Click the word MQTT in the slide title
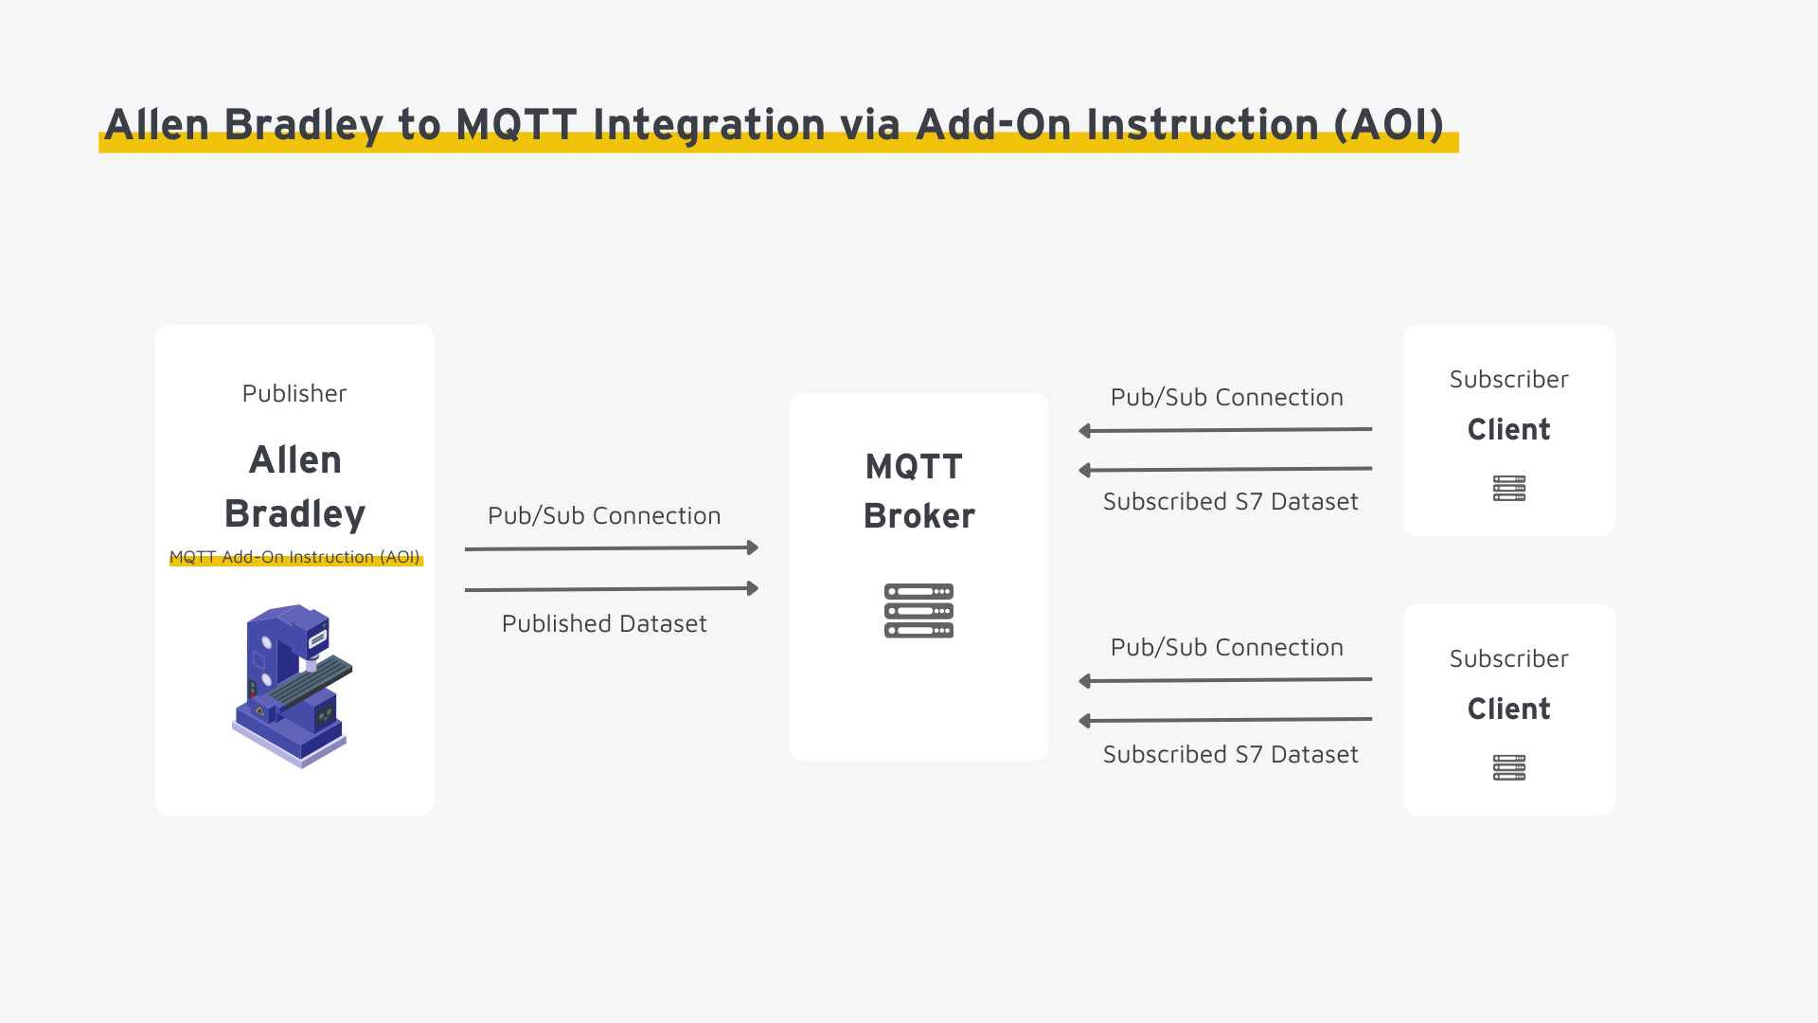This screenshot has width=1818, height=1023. click(x=516, y=125)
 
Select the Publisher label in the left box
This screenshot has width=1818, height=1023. click(x=294, y=393)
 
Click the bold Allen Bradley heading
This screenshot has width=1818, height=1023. click(x=294, y=486)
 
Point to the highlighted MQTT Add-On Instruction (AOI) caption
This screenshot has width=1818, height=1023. click(x=294, y=557)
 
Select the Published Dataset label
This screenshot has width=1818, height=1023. click(x=604, y=623)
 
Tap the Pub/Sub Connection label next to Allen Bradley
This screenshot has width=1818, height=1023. click(x=604, y=515)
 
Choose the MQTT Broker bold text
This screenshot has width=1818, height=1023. click(x=918, y=491)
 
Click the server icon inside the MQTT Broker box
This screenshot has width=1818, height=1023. click(x=918, y=611)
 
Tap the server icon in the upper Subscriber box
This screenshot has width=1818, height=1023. click(x=1508, y=488)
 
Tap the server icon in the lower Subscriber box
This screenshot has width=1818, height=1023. click(x=1508, y=767)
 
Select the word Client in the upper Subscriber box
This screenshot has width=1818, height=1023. click(x=1508, y=429)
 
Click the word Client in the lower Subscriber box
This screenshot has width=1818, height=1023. click(x=1508, y=709)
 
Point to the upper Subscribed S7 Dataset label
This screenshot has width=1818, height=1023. click(x=1230, y=501)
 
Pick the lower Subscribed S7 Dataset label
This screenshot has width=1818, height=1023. click(x=1230, y=754)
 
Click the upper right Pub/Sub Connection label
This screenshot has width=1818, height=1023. click(x=1226, y=397)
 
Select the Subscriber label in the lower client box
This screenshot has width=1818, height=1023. click(x=1508, y=658)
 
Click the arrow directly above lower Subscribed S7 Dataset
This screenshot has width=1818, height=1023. click(x=1226, y=720)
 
